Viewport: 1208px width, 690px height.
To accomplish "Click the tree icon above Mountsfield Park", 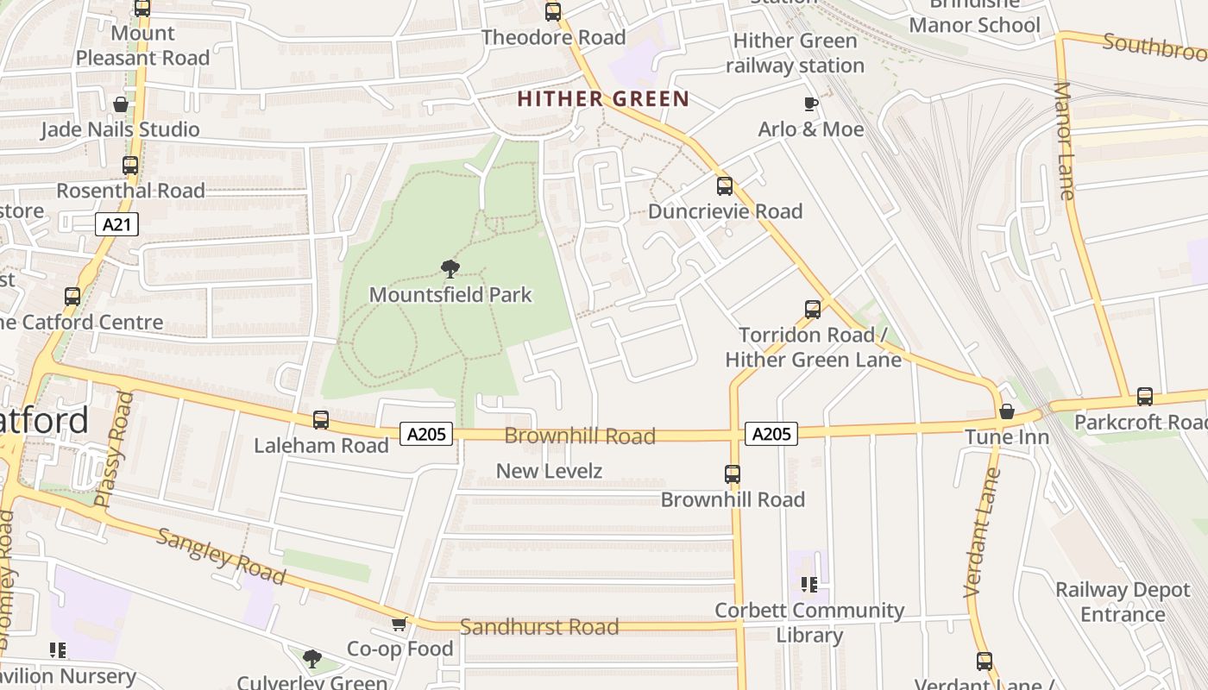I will [450, 268].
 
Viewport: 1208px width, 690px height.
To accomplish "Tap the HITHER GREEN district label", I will [603, 99].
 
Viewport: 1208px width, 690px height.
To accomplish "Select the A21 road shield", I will [116, 225].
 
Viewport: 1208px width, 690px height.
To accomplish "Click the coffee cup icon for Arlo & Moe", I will [810, 104].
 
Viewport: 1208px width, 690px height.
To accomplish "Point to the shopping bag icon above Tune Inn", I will [1006, 411].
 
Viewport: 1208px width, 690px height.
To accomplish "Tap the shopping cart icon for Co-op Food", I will [399, 624].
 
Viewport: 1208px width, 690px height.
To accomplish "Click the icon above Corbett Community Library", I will [808, 585].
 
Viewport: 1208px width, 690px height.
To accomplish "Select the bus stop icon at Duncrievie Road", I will [725, 185].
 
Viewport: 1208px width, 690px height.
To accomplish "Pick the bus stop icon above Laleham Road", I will [321, 420].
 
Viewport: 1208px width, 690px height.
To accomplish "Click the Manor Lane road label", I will [1066, 141].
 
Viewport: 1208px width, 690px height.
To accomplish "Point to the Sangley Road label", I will [220, 556].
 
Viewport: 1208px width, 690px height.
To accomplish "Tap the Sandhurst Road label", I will [538, 627].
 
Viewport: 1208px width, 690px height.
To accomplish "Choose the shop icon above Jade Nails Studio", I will [121, 104].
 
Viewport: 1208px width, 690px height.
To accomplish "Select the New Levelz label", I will [549, 471].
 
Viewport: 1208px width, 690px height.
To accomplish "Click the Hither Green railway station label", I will [795, 53].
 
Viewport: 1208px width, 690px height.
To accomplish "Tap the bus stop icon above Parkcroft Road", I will [1144, 397].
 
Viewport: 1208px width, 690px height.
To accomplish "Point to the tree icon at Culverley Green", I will [312, 659].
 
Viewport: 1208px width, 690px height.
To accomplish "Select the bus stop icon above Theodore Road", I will [553, 12].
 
